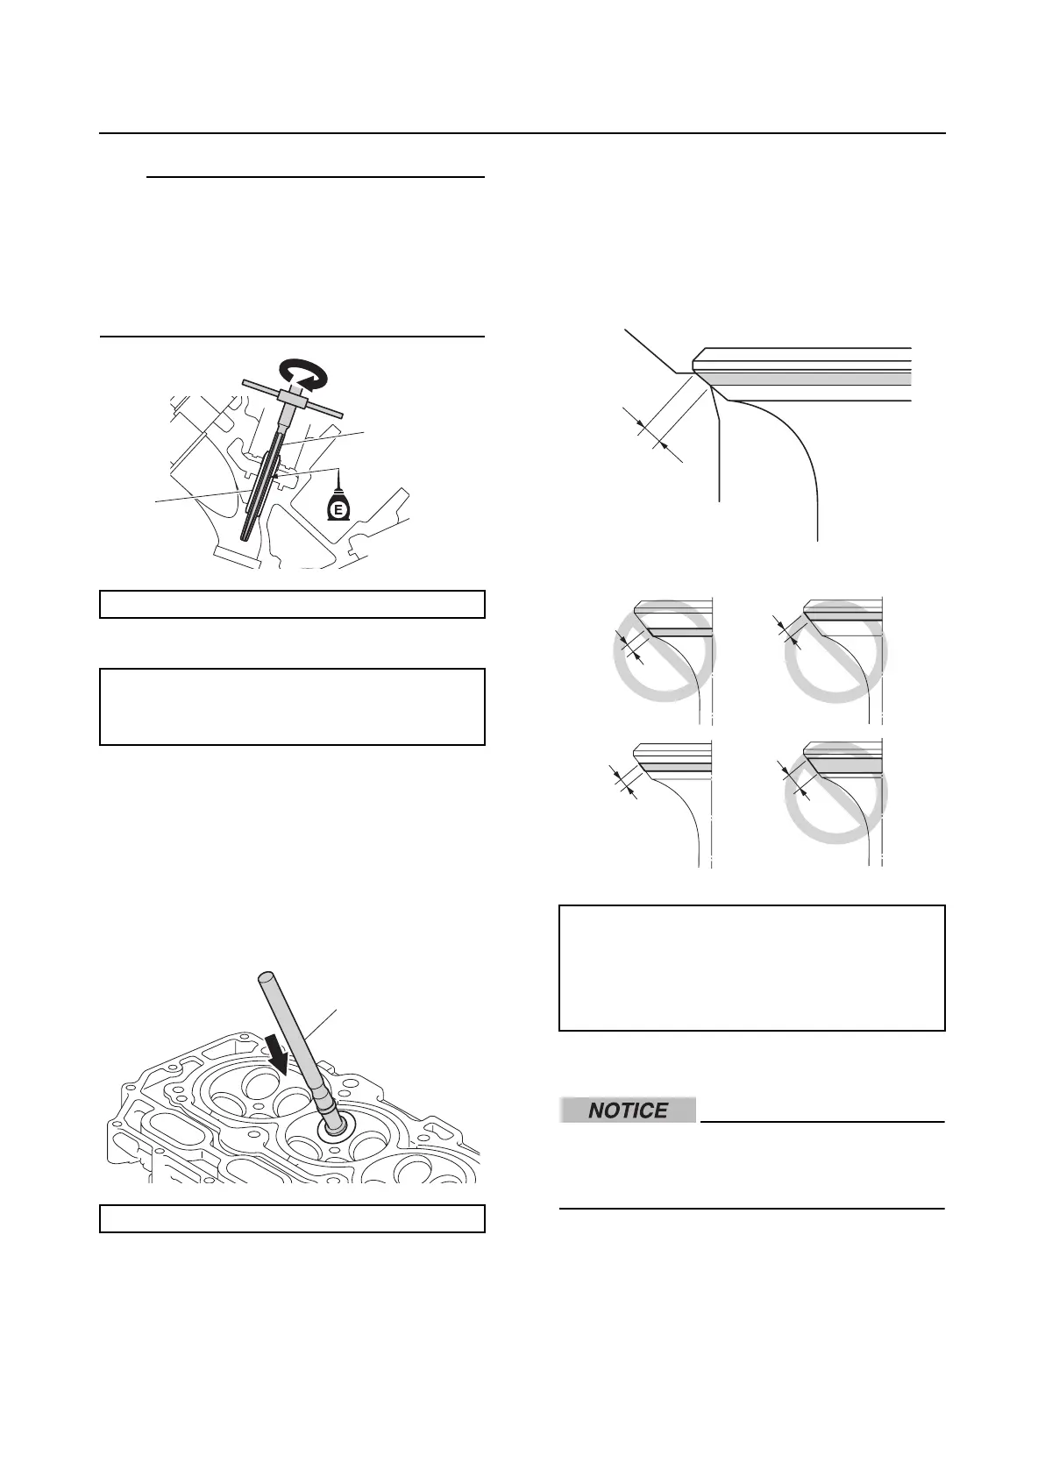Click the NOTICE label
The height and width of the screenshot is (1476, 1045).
coord(629,1111)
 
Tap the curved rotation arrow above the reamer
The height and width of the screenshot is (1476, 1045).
coord(301,374)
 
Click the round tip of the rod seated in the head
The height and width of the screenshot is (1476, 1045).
coord(335,1127)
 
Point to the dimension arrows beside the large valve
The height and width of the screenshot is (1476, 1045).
coord(653,434)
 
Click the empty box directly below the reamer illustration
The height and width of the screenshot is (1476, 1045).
coord(292,605)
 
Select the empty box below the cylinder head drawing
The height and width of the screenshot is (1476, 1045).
coord(292,1219)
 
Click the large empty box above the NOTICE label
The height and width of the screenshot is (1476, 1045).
coord(751,968)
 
